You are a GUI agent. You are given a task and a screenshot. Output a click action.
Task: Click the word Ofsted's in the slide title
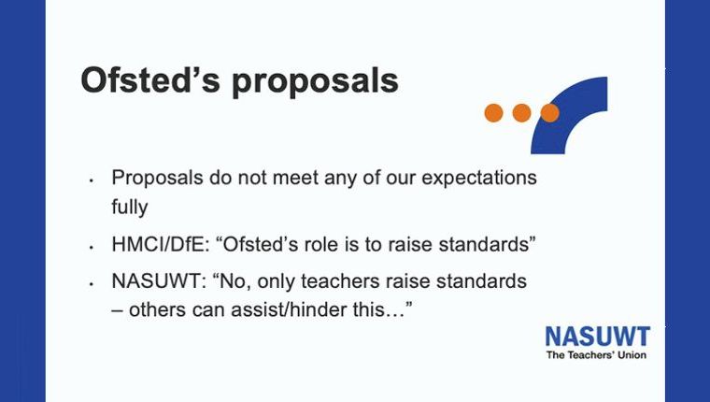pos(150,80)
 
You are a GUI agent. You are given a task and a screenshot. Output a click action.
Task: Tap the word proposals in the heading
pos(315,82)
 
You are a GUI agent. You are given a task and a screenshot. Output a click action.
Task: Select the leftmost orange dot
pos(493,113)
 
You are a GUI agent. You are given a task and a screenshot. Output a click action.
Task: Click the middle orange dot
pos(521,113)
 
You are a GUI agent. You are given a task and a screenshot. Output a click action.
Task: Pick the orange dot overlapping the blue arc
pos(549,113)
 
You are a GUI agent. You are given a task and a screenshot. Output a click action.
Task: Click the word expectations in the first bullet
pos(479,179)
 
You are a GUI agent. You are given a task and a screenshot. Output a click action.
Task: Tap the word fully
pos(130,208)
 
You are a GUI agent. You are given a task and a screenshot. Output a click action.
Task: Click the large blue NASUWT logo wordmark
pos(598,337)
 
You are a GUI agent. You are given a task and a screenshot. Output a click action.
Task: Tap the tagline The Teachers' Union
pos(596,355)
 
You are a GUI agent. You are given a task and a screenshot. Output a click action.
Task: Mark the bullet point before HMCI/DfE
pos(92,248)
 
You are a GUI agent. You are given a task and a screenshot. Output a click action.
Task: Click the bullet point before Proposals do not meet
pos(92,180)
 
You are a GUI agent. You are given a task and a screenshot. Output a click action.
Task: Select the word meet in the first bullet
pos(295,178)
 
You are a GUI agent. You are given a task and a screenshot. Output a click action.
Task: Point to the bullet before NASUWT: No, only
pos(92,284)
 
